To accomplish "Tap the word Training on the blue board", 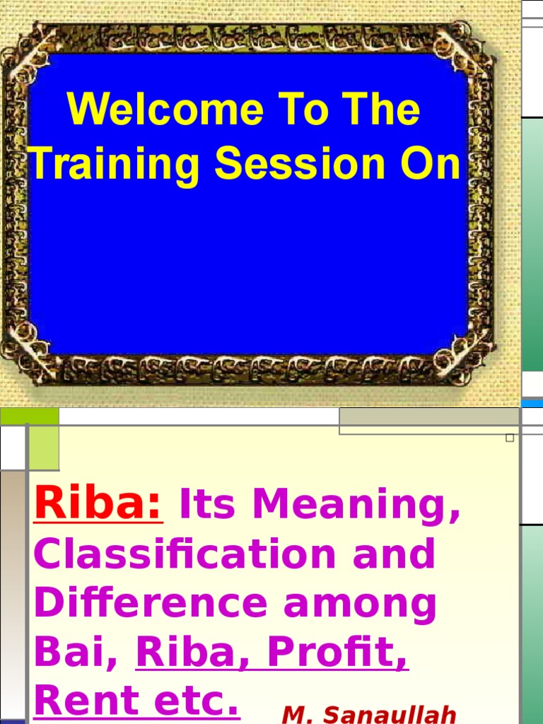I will (x=117, y=165).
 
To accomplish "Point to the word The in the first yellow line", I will (x=383, y=112).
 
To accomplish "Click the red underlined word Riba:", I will (x=98, y=503).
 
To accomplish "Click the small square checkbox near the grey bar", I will (x=510, y=438).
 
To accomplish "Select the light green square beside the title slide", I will (x=44, y=448).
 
